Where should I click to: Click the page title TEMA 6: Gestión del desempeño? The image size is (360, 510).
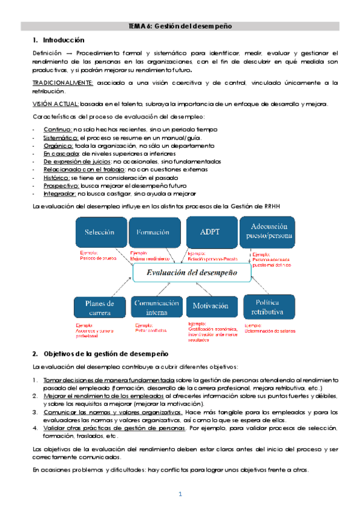coord(180,26)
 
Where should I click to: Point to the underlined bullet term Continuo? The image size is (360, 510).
coord(58,130)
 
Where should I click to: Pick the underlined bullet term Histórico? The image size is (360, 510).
coord(57,178)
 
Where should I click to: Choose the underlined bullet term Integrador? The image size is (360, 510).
coord(59,194)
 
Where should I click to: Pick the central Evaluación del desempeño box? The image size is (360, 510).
coord(188,272)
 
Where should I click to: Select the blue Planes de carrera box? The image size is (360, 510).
coord(100,307)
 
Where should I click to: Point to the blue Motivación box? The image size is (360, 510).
coord(210,306)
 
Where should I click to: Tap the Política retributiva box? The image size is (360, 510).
coord(267,306)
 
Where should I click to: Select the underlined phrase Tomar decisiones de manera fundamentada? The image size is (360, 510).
coord(109,380)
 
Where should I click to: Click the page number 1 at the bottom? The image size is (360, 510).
coord(180,494)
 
